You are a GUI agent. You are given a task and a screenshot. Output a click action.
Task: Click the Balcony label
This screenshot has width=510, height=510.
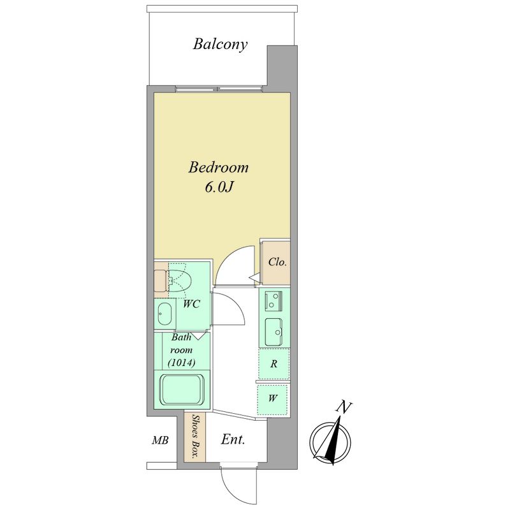pyautogui.click(x=220, y=45)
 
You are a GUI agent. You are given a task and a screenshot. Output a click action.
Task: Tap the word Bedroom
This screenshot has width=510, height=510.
pyautogui.click(x=219, y=168)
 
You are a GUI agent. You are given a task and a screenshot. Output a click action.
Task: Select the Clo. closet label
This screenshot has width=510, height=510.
pyautogui.click(x=277, y=262)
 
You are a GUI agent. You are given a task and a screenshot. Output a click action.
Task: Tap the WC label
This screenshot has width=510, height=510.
pyautogui.click(x=191, y=305)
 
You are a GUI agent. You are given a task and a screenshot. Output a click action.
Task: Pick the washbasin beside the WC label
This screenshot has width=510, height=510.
pyautogui.click(x=164, y=315)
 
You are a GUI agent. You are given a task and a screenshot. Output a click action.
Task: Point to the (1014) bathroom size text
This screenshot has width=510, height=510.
pyautogui.click(x=182, y=363)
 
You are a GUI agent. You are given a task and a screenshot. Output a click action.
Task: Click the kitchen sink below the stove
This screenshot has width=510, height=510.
pyautogui.click(x=273, y=331)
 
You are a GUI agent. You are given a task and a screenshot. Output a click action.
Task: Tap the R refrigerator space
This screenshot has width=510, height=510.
pyautogui.click(x=274, y=363)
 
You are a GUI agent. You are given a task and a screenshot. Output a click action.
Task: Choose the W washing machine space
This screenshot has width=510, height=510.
pyautogui.click(x=273, y=399)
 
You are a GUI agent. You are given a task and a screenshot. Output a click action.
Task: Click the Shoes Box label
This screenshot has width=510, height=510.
pyautogui.click(x=195, y=436)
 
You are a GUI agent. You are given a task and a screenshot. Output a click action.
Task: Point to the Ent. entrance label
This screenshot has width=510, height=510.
pyautogui.click(x=233, y=440)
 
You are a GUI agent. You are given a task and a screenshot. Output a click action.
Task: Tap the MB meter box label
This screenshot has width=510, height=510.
pyautogui.click(x=161, y=441)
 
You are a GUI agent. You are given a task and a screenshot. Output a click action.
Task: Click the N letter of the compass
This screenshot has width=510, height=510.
pyautogui.click(x=344, y=407)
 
